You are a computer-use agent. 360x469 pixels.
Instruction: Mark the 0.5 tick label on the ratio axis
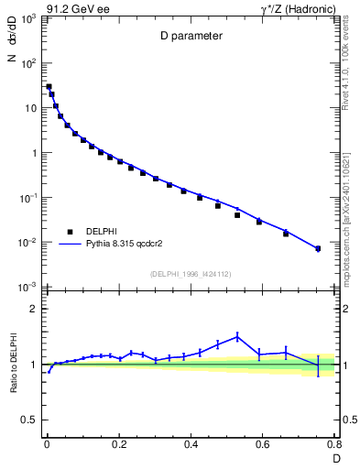tap(30, 421)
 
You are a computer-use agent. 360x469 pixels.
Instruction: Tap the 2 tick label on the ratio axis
tap(35, 309)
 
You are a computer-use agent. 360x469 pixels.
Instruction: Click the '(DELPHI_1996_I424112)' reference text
tap(191, 273)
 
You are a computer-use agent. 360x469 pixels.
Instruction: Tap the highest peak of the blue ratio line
tap(237, 336)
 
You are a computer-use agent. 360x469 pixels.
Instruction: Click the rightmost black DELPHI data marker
tap(318, 248)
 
